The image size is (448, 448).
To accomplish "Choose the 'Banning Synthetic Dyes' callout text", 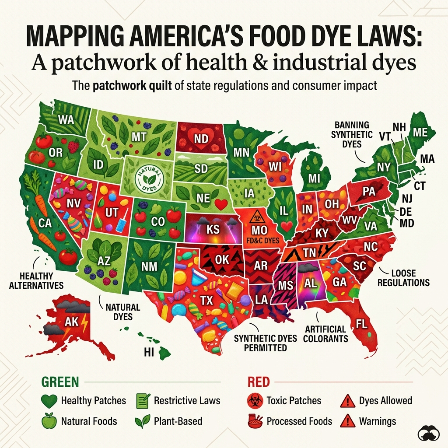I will (352, 135).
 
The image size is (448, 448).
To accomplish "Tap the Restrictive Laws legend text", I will (187, 400).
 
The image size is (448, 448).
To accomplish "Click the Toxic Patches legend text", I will (294, 400).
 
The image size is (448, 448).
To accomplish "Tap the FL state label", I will (361, 325).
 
